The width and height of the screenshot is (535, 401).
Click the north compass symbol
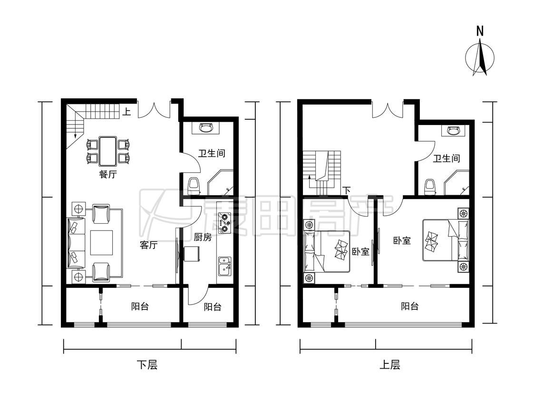(480, 57)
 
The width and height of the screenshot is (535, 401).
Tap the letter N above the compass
(480, 31)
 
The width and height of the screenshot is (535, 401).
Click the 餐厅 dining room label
(108, 174)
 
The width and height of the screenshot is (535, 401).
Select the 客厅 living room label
(148, 245)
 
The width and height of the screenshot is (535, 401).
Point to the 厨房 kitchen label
(203, 237)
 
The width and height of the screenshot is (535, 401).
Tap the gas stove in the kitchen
(225, 223)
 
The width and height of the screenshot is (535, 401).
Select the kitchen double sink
(224, 267)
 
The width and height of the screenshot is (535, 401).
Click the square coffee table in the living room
(101, 243)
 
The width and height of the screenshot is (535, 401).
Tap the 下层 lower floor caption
(147, 365)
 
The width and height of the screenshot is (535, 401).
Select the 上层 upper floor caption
(389, 365)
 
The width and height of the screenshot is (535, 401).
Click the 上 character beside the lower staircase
(126, 112)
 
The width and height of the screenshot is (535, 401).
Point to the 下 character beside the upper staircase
(347, 190)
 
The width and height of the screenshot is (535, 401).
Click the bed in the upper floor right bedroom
(446, 240)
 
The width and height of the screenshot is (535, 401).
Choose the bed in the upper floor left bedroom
(327, 252)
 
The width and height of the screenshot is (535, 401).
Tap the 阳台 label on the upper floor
(410, 306)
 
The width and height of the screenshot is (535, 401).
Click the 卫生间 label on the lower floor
(212, 153)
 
